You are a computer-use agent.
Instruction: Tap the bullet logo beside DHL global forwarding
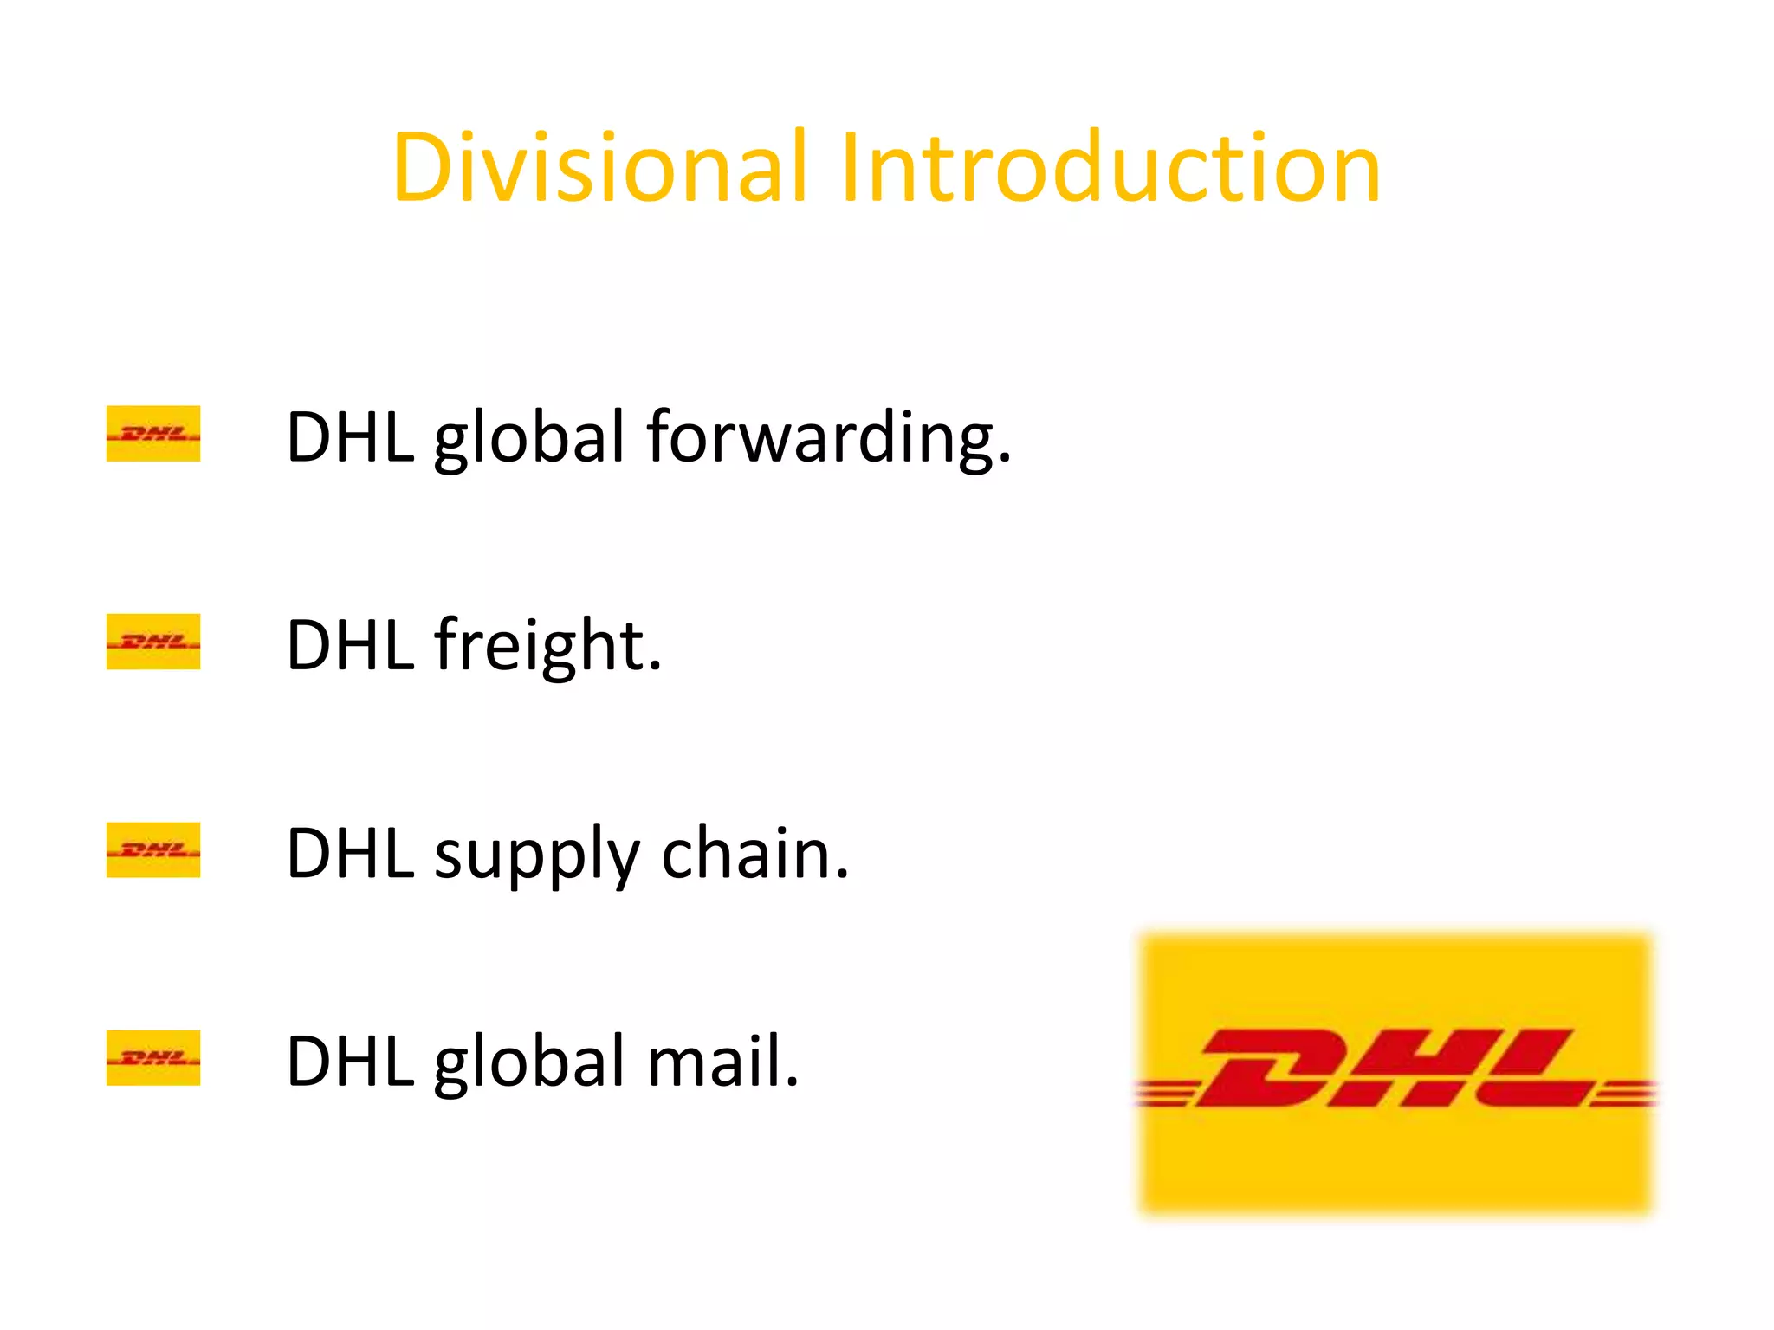click(x=153, y=433)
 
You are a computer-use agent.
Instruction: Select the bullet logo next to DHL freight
click(x=153, y=642)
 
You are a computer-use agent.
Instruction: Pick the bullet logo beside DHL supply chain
click(x=153, y=849)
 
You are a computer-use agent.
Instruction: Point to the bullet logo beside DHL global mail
click(x=153, y=1058)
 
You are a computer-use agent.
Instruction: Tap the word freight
click(x=547, y=645)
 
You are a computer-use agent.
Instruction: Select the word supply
click(x=537, y=855)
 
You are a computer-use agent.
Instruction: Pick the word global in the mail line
click(x=528, y=1063)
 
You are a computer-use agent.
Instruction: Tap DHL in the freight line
click(x=350, y=646)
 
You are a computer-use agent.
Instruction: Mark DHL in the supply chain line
click(x=350, y=854)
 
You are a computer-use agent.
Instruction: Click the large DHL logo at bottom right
click(x=1395, y=1074)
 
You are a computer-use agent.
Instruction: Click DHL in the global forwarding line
click(x=350, y=437)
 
